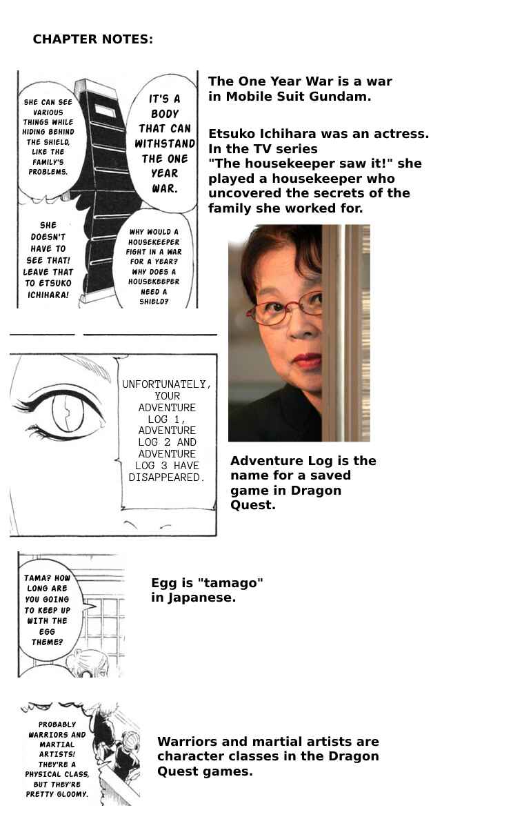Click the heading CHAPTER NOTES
[x=92, y=39]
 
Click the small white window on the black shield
[x=106, y=110]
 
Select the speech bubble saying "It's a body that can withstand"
[x=163, y=144]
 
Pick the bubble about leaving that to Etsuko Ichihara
[x=48, y=259]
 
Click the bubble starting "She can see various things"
[x=48, y=137]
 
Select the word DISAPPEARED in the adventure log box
[x=167, y=477]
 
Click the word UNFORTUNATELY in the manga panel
[x=167, y=384]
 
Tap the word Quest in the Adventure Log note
[x=252, y=505]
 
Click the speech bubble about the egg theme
[x=48, y=609]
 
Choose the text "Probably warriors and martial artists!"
[x=57, y=739]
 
